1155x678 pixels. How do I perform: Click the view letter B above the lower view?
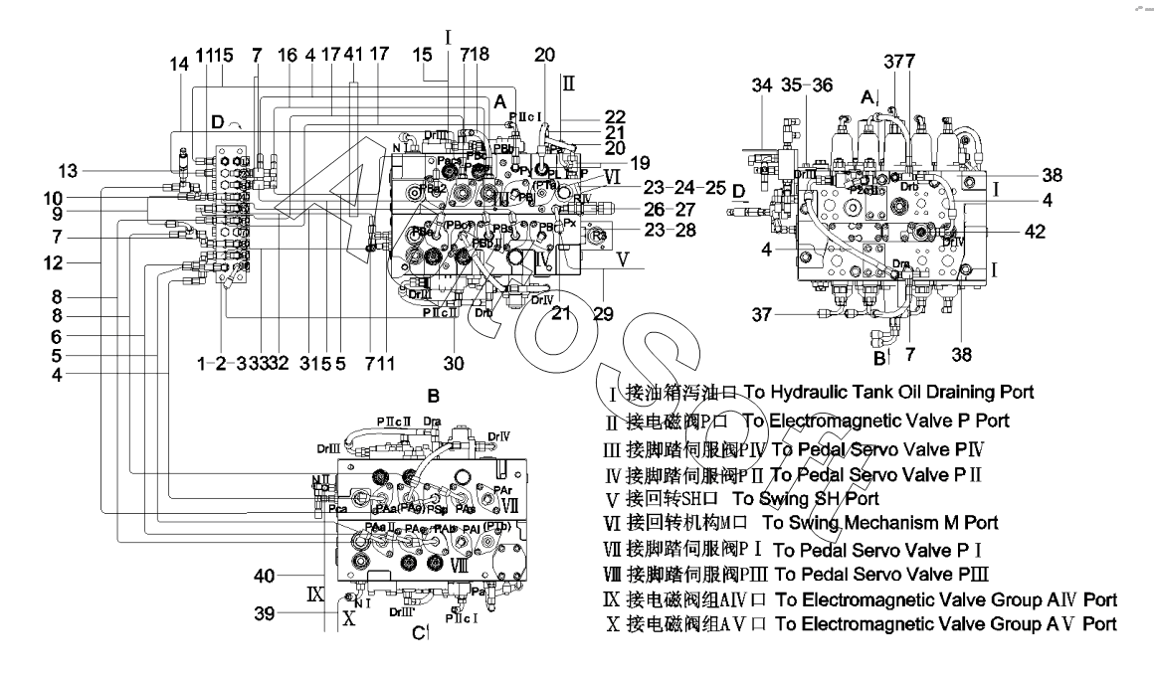433,395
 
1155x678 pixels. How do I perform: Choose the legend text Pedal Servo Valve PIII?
904,574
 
